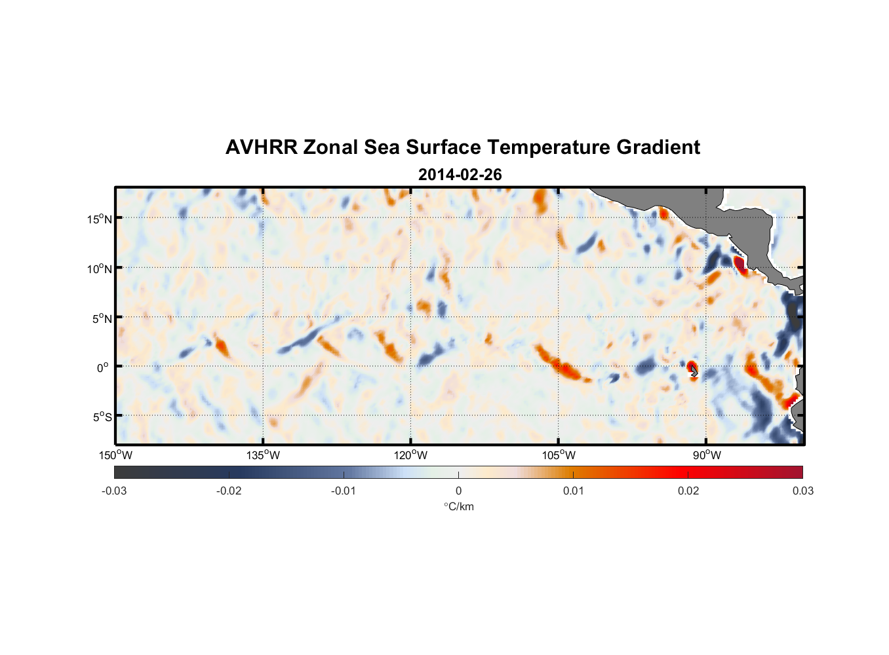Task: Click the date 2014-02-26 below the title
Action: coord(460,175)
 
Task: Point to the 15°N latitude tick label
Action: coord(100,219)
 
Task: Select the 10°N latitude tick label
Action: coord(100,269)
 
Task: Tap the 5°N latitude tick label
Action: coord(102,318)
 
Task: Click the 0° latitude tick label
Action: coord(103,367)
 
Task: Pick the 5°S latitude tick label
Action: coord(102,417)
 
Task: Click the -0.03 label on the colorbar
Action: coord(114,491)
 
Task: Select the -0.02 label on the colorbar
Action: coord(229,491)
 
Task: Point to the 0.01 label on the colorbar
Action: coord(573,491)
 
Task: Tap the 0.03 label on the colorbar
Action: coord(802,491)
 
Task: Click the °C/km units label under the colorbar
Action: coord(459,506)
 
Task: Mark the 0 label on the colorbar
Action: coord(458,491)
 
